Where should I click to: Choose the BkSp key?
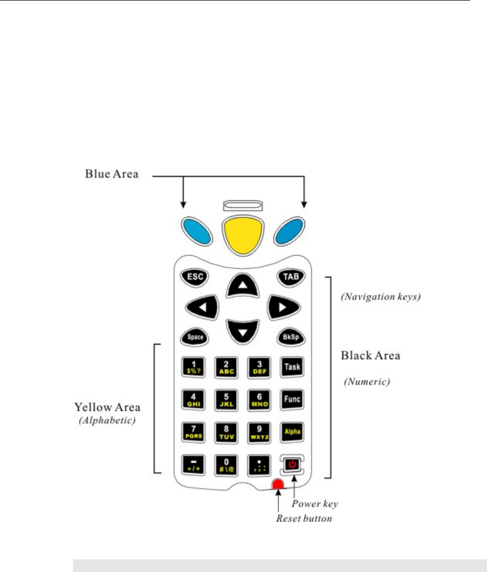click(289, 337)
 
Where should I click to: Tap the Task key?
click(290, 366)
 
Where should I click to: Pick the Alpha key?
click(290, 431)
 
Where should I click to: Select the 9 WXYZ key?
click(258, 431)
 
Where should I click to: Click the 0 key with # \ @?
click(226, 464)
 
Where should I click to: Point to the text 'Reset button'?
click(304, 518)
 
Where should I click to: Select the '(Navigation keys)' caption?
click(380, 297)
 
